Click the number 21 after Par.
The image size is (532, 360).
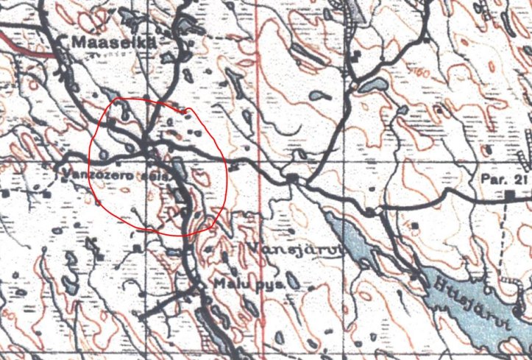coord(516,180)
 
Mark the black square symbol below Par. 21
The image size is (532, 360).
coord(509,195)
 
